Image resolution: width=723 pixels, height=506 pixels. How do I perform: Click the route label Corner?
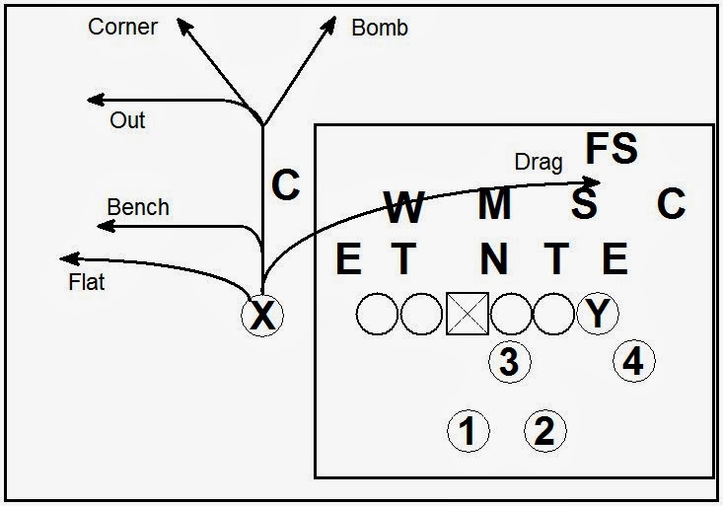click(122, 27)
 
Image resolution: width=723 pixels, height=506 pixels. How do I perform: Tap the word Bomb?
click(380, 28)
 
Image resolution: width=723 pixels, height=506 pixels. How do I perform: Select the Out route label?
click(127, 120)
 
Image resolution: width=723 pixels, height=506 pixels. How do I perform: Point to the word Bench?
click(138, 207)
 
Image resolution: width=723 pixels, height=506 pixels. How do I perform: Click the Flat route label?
click(87, 282)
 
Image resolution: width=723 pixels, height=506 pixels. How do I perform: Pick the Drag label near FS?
click(539, 161)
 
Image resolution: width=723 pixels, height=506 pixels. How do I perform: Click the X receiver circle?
click(262, 316)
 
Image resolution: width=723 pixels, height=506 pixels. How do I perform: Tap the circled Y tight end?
click(597, 314)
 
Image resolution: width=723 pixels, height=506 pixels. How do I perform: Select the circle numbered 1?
click(469, 431)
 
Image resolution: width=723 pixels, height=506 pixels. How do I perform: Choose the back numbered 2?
click(543, 431)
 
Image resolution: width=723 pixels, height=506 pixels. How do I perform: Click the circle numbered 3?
click(509, 362)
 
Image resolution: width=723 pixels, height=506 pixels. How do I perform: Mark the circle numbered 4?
click(632, 362)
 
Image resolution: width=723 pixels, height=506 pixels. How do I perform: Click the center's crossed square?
click(468, 315)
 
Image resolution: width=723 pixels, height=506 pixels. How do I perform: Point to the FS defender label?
click(612, 149)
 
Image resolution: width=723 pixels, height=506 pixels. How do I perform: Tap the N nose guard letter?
click(494, 259)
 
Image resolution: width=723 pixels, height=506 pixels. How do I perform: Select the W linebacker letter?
click(403, 207)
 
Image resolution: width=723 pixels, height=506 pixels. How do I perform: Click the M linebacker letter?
click(494, 205)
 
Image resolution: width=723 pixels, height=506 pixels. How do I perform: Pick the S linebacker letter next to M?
click(584, 205)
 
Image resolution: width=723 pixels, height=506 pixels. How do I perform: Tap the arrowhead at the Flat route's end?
click(66, 258)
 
